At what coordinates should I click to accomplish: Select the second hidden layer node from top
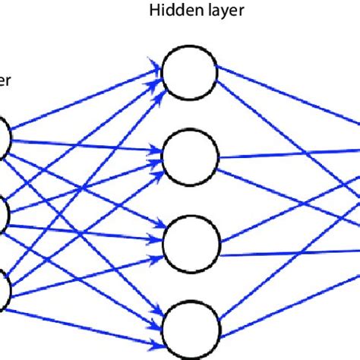coord(191,157)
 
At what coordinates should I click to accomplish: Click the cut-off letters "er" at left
coord(5,80)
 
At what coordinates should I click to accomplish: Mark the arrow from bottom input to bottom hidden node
coord(84,305)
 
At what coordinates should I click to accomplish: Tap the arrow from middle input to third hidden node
coord(84,229)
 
